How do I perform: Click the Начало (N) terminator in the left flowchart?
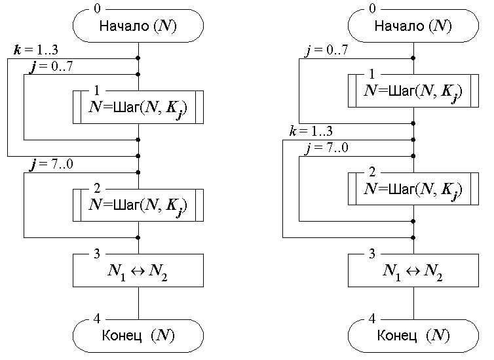(x=138, y=26)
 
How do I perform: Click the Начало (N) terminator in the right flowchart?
(x=413, y=26)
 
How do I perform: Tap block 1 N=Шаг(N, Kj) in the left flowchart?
(x=138, y=107)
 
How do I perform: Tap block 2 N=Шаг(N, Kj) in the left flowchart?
(x=138, y=205)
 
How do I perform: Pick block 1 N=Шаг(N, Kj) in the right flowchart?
(x=413, y=90)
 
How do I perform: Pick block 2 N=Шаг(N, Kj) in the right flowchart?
(x=413, y=190)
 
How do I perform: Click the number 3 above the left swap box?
(x=98, y=253)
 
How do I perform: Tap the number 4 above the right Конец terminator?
(x=373, y=319)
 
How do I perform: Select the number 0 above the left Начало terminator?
(x=98, y=9)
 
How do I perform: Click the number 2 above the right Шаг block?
(x=373, y=172)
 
